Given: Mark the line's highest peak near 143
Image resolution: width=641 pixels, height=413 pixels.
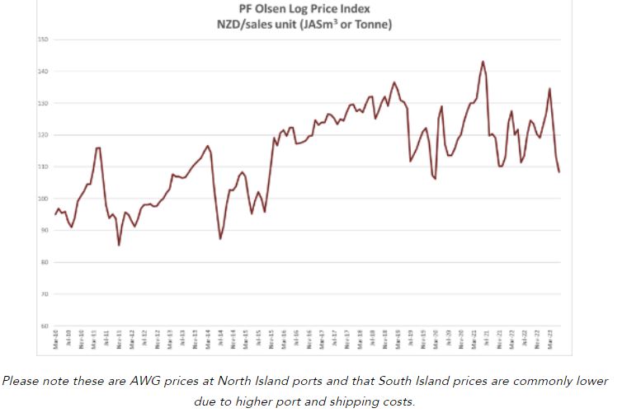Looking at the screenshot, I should pos(483,61).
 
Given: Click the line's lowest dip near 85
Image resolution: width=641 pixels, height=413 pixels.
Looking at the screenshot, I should pos(119,245).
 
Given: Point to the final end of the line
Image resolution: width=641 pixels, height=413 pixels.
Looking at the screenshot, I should pos(559,172).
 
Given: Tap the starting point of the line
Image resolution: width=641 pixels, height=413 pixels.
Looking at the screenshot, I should pos(55,214).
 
